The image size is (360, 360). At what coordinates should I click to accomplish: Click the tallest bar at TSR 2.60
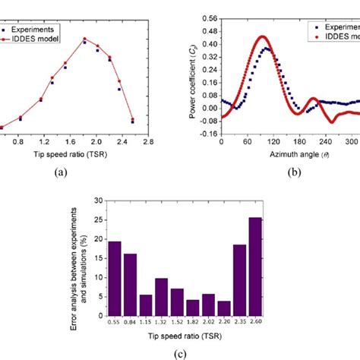(x=254, y=265)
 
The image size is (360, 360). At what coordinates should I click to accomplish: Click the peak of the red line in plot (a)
(x=84, y=39)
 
